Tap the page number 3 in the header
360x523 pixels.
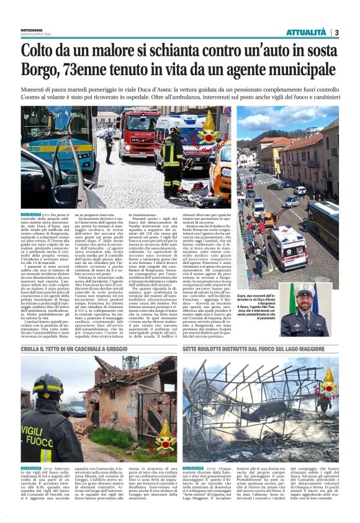click(336, 32)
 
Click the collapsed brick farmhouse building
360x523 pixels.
click(118, 398)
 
